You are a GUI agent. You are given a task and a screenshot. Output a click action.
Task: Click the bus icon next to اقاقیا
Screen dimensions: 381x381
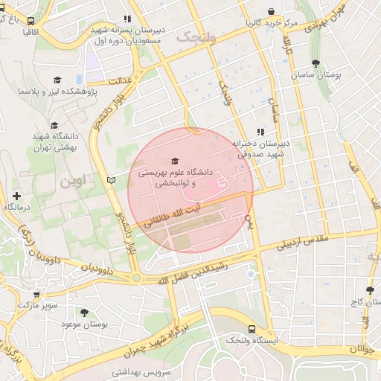[x=31, y=22]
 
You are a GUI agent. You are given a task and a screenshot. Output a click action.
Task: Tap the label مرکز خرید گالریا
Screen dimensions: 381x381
[x=272, y=23]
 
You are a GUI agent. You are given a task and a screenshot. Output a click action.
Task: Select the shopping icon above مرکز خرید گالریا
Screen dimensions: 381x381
[x=272, y=11]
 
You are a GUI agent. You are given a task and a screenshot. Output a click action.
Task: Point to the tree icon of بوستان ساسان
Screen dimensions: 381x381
[x=316, y=64]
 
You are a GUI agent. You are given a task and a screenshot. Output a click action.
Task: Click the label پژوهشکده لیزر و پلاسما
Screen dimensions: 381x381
[x=57, y=91]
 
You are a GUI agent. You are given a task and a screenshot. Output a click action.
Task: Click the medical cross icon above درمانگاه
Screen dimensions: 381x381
[x=16, y=196]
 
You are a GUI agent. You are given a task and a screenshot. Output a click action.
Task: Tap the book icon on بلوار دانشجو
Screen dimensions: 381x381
[x=112, y=180]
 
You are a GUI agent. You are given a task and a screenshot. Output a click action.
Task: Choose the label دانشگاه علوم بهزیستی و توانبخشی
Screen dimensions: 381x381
[x=175, y=177]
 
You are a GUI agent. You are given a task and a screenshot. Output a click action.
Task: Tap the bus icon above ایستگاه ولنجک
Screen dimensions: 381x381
[x=251, y=328]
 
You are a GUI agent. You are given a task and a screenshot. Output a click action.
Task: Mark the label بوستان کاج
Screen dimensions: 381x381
[x=357, y=304]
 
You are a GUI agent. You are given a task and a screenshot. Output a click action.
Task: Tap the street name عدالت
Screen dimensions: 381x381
[x=119, y=80]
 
